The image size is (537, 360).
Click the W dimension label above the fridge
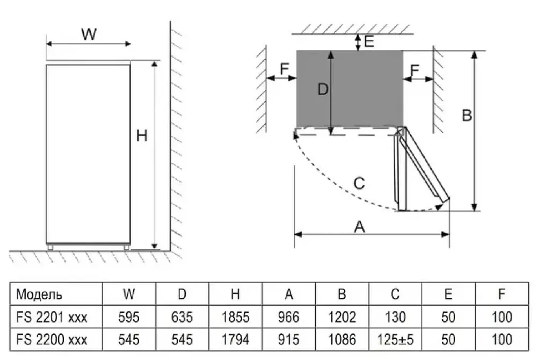click(x=89, y=34)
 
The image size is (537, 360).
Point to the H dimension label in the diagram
click(x=141, y=136)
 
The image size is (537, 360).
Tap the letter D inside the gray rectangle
click(x=322, y=90)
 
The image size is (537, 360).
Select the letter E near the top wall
click(x=369, y=41)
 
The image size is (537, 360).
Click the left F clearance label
click(x=285, y=69)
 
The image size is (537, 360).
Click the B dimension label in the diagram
click(x=467, y=115)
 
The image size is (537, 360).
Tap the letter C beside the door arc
click(x=359, y=183)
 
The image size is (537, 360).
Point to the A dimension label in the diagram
click(x=360, y=227)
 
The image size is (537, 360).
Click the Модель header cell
click(x=39, y=294)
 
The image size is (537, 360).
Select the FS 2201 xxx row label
click(x=52, y=317)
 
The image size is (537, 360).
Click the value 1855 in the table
click(x=235, y=317)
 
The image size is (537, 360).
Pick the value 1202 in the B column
click(x=342, y=317)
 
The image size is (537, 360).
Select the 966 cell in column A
click(x=289, y=317)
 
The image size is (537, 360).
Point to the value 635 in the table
click(x=182, y=317)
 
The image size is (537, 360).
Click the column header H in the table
click(x=235, y=294)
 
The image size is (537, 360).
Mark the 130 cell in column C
click(x=395, y=317)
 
